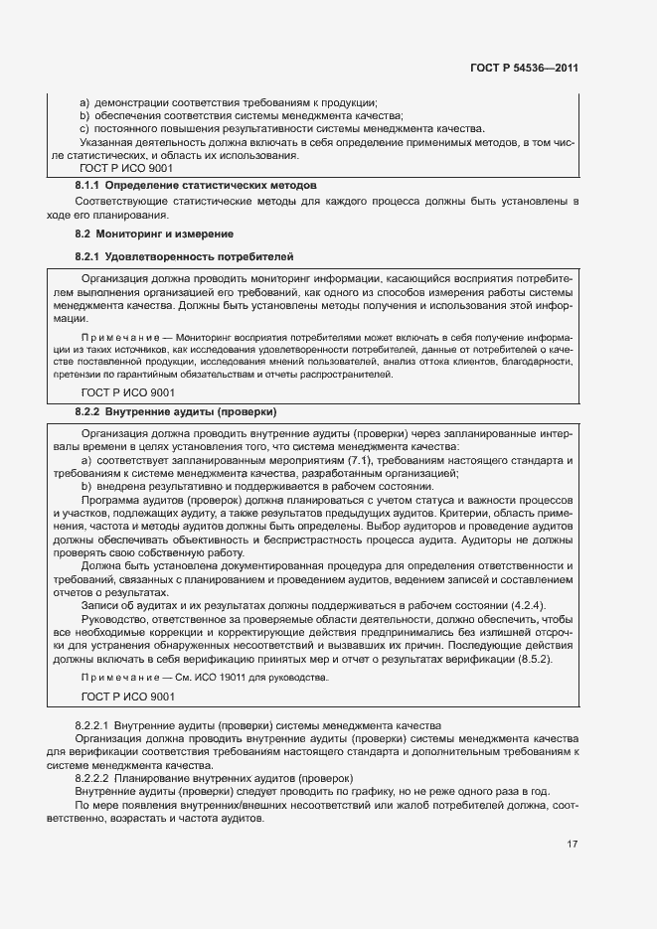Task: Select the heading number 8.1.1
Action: click(x=87, y=186)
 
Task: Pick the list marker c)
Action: click(x=84, y=129)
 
